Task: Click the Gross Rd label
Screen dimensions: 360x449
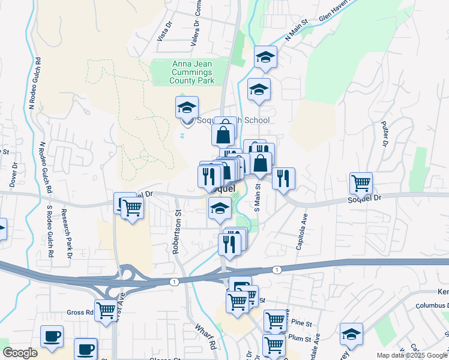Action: click(x=80, y=313)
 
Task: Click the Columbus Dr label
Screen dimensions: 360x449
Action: click(x=431, y=305)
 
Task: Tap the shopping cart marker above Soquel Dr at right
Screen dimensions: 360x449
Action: click(x=361, y=182)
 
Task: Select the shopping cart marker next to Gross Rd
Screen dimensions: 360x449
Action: click(x=106, y=310)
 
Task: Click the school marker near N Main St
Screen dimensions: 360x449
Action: click(x=265, y=57)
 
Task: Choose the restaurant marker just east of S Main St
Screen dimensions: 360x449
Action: click(x=283, y=178)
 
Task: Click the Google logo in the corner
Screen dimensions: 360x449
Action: click(x=20, y=353)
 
